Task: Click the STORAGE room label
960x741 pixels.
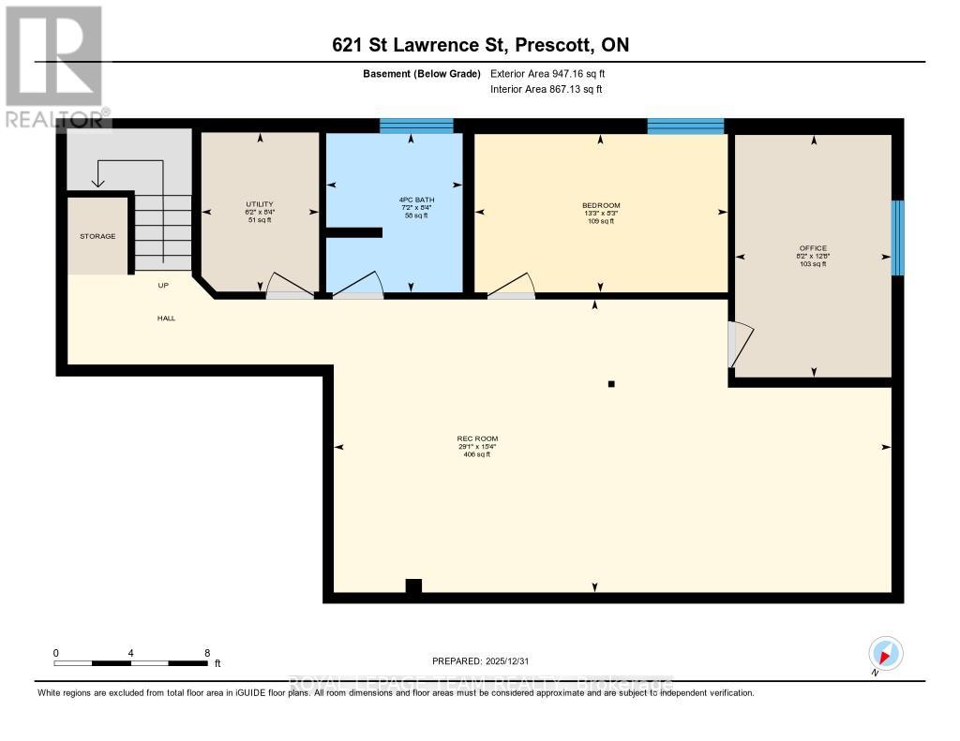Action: point(97,236)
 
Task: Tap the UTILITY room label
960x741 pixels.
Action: point(260,203)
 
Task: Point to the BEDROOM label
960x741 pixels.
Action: point(601,205)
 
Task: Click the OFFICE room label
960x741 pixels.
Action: point(813,248)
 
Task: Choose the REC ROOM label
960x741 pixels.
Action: point(477,438)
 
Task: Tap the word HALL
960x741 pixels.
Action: point(166,318)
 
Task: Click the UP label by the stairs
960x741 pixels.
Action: point(163,285)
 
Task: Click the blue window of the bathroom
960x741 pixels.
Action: point(416,126)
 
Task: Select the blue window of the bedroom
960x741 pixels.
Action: point(685,126)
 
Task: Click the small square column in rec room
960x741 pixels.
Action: point(611,383)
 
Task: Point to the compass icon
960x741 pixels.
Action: point(885,652)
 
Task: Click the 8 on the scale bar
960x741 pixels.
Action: point(207,652)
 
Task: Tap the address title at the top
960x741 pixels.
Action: point(480,45)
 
